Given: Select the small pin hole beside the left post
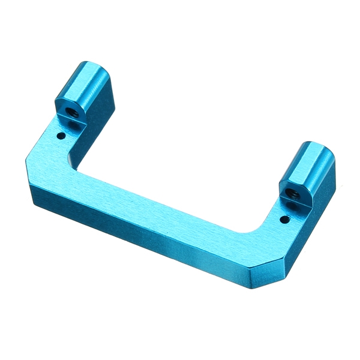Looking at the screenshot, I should [61, 136].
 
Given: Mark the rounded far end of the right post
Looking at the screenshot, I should [318, 147].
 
